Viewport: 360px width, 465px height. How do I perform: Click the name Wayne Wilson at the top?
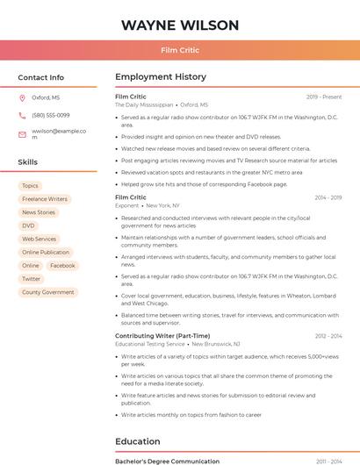(x=179, y=25)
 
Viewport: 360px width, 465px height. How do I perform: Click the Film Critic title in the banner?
(x=179, y=51)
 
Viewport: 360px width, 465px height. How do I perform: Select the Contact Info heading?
(x=41, y=77)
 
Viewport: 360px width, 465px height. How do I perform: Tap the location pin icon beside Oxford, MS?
(x=22, y=98)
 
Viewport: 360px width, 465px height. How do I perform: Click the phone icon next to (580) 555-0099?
(x=22, y=116)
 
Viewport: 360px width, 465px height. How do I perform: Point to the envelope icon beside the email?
(x=22, y=134)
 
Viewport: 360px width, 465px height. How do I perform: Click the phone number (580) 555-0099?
(x=51, y=116)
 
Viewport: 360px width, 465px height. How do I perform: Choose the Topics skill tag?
(x=30, y=186)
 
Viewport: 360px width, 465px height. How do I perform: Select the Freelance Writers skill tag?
(x=45, y=199)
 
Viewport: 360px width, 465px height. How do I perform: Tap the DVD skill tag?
(x=29, y=225)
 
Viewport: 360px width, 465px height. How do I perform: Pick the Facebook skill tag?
(x=62, y=265)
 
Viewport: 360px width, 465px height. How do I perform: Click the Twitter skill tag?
(x=32, y=279)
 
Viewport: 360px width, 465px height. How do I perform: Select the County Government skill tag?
(x=48, y=292)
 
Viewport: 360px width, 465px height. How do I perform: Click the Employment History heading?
(x=161, y=77)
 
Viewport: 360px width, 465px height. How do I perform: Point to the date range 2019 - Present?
(x=324, y=97)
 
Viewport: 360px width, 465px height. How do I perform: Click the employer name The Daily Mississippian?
(x=144, y=104)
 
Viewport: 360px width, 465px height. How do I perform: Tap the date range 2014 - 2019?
(x=328, y=197)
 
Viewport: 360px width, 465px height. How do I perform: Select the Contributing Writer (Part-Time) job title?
(x=162, y=336)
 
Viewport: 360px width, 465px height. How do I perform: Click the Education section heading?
(x=138, y=441)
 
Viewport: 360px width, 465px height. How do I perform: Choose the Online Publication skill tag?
(x=46, y=252)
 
